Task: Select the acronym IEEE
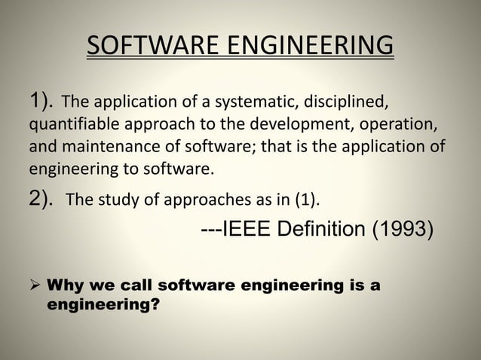[250, 227]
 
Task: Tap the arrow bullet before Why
[35, 287]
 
